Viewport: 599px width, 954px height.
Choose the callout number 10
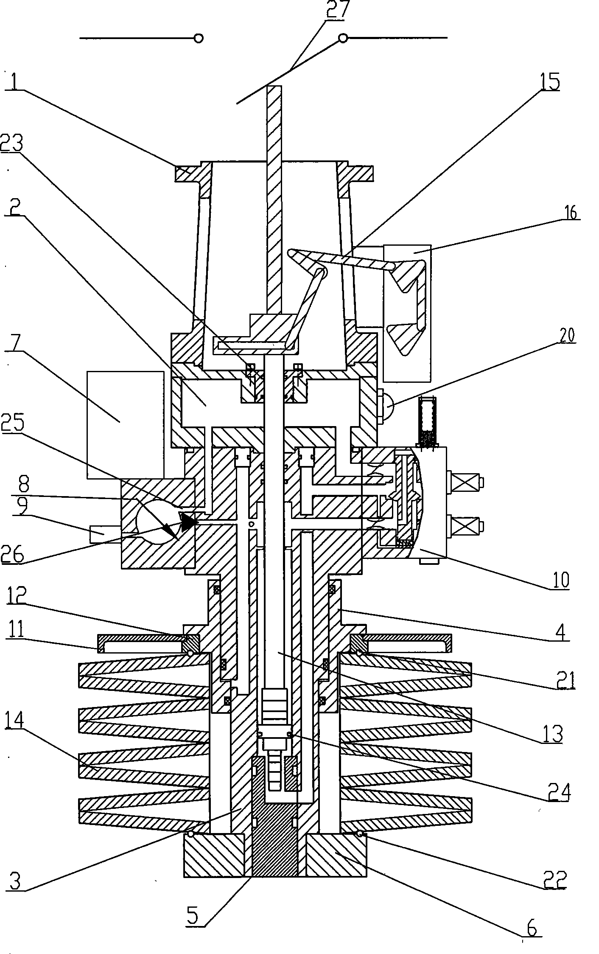(x=560, y=580)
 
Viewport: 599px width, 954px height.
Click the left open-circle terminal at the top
(x=198, y=38)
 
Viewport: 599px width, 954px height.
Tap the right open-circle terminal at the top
(x=343, y=39)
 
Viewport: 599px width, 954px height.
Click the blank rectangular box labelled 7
(x=125, y=424)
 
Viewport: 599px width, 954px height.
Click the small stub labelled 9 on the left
(x=102, y=533)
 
